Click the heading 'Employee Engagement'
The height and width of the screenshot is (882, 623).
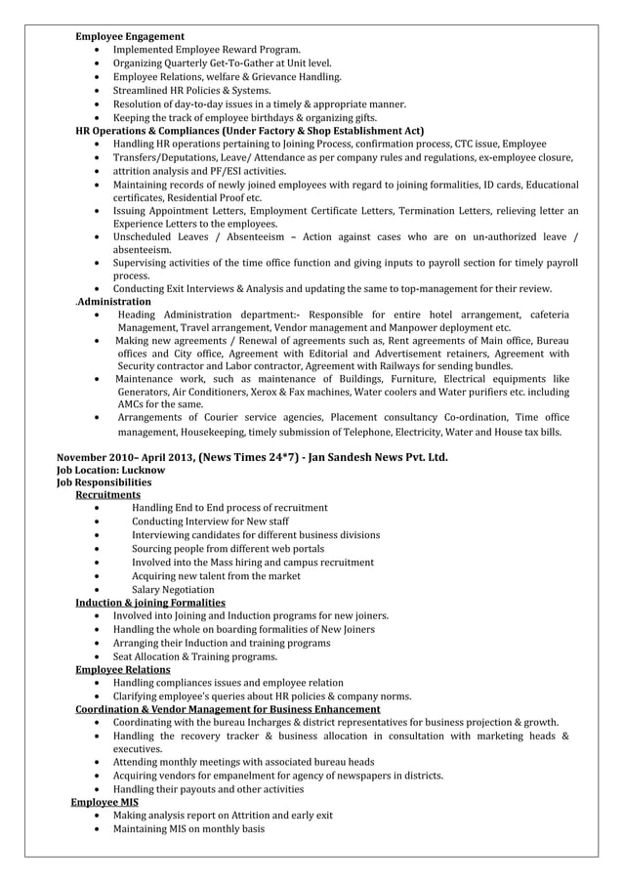pyautogui.click(x=130, y=36)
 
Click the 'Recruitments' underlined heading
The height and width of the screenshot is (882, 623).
pyautogui.click(x=107, y=495)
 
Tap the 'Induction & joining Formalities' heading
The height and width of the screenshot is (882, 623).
pyautogui.click(x=150, y=603)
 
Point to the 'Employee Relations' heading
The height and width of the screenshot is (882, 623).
pyautogui.click(x=122, y=669)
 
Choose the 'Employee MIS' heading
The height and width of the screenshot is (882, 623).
pyautogui.click(x=104, y=802)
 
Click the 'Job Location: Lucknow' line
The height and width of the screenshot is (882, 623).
pyautogui.click(x=110, y=470)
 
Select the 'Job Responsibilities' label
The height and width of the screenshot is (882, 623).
pyautogui.click(x=104, y=483)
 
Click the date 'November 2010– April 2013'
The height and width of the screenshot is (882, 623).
pyautogui.click(x=125, y=456)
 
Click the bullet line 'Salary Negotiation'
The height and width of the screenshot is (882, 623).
pyautogui.click(x=173, y=590)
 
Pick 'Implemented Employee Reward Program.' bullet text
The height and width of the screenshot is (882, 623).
pyautogui.click(x=207, y=49)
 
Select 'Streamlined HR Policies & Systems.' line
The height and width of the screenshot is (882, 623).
pyautogui.click(x=192, y=90)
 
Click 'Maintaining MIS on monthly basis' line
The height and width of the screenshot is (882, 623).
pyautogui.click(x=188, y=829)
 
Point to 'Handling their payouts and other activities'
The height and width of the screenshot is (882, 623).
pyautogui.click(x=208, y=789)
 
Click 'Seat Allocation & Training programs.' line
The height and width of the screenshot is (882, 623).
pyautogui.click(x=195, y=656)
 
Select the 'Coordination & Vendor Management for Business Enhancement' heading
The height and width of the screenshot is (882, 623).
pyautogui.click(x=228, y=709)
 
